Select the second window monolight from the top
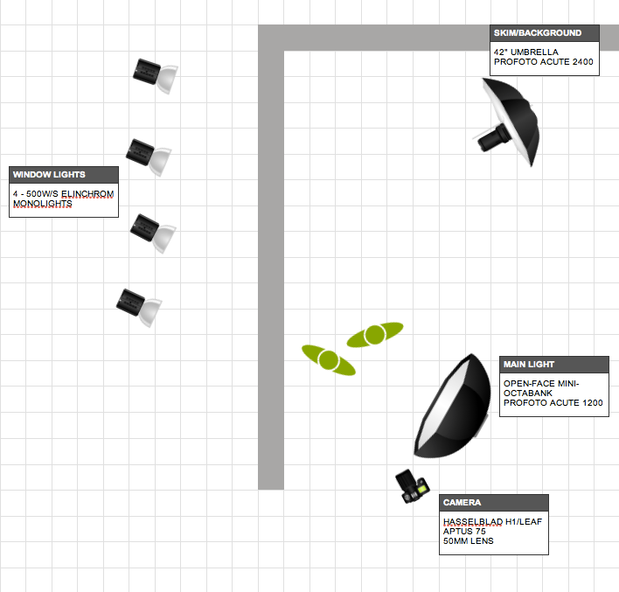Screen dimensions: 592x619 pos(148,156)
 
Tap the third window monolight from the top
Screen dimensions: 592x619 pos(152,232)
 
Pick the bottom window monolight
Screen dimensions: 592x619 pos(139,306)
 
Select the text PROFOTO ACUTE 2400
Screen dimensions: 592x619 pos(543,62)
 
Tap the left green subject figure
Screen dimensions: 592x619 pos(328,359)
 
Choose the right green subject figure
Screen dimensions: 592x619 pos(375,334)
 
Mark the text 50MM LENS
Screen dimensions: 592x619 pos(469,541)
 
